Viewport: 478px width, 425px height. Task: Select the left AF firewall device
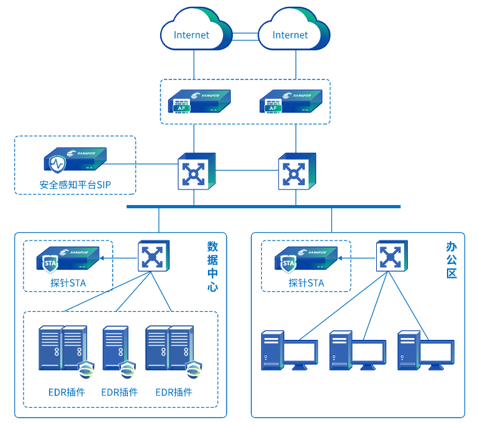(x=198, y=101)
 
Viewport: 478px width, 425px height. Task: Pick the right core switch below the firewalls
(x=297, y=171)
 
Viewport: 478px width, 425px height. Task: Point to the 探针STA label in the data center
(x=68, y=283)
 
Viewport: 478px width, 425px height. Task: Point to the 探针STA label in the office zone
(x=306, y=283)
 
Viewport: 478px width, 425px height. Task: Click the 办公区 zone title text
(x=451, y=259)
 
